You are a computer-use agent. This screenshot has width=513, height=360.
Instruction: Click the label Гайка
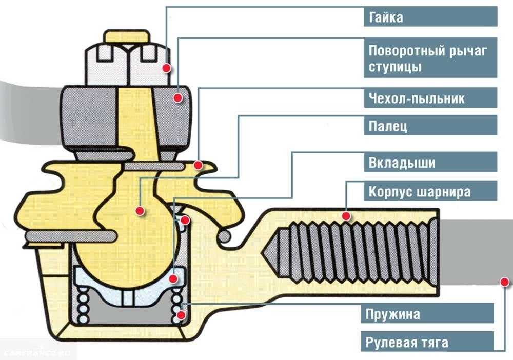386,17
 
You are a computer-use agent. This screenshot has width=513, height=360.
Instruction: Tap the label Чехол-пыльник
417,97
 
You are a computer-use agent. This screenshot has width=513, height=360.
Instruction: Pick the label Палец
388,126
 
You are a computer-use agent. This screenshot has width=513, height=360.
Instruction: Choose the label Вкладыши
402,163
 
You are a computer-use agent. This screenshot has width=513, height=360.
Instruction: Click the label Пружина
393,313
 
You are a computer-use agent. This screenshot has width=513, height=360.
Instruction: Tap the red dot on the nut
166,67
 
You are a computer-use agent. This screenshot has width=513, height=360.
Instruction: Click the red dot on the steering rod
505,281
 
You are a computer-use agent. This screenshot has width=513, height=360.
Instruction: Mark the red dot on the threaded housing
346,216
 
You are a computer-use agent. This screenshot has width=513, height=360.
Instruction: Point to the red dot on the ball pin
139,210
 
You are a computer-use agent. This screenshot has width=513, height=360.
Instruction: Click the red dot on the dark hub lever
178,96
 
